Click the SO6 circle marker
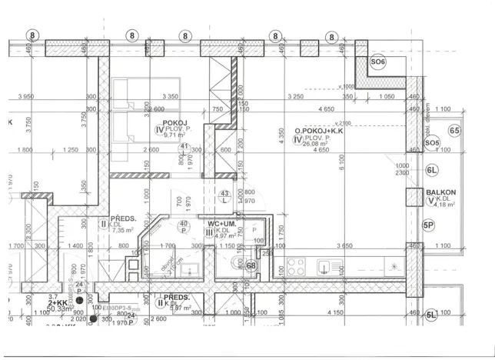[378, 62]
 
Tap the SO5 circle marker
[432, 143]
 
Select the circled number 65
[454, 132]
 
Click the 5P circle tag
[429, 225]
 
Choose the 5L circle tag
[432, 314]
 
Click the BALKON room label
[441, 193]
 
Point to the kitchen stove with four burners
[296, 267]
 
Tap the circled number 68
[251, 266]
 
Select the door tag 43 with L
[225, 197]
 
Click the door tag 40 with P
[184, 227]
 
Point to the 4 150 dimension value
[335, 313]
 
